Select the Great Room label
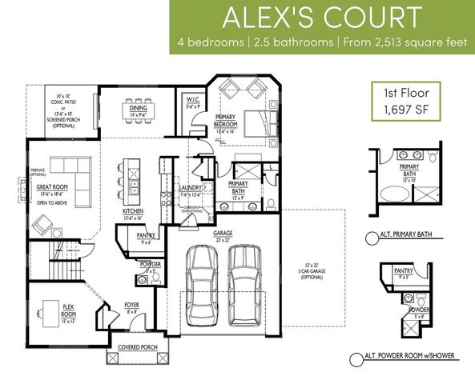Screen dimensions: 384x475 click(51, 191)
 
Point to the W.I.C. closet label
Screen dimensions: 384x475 click(192, 102)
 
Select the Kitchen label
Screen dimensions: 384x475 click(133, 213)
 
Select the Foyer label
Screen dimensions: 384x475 click(131, 307)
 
